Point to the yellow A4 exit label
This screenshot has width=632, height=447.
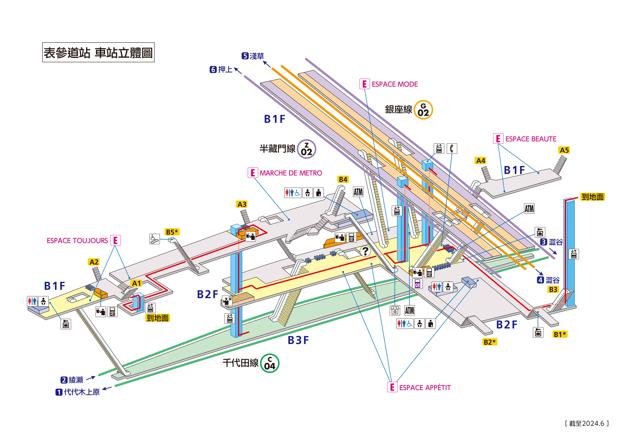[x=481, y=161]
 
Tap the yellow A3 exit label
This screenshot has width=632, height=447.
[x=242, y=204]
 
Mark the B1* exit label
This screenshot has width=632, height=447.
[x=560, y=334]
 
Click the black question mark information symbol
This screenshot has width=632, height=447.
[x=365, y=251]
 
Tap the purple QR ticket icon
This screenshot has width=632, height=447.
[x=417, y=284]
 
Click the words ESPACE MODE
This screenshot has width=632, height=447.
[x=395, y=84]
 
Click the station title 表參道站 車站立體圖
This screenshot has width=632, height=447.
[x=98, y=52]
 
